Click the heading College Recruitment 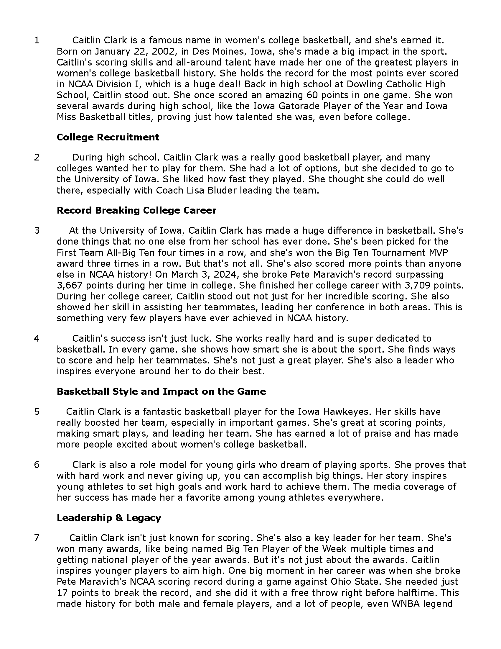(x=108, y=137)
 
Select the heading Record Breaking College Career (x=136, y=210)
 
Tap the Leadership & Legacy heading (x=109, y=518)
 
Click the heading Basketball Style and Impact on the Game (x=161, y=391)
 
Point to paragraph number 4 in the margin (x=37, y=338)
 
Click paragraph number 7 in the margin (x=37, y=538)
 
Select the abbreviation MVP (x=437, y=252)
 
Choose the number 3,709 (x=418, y=285)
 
